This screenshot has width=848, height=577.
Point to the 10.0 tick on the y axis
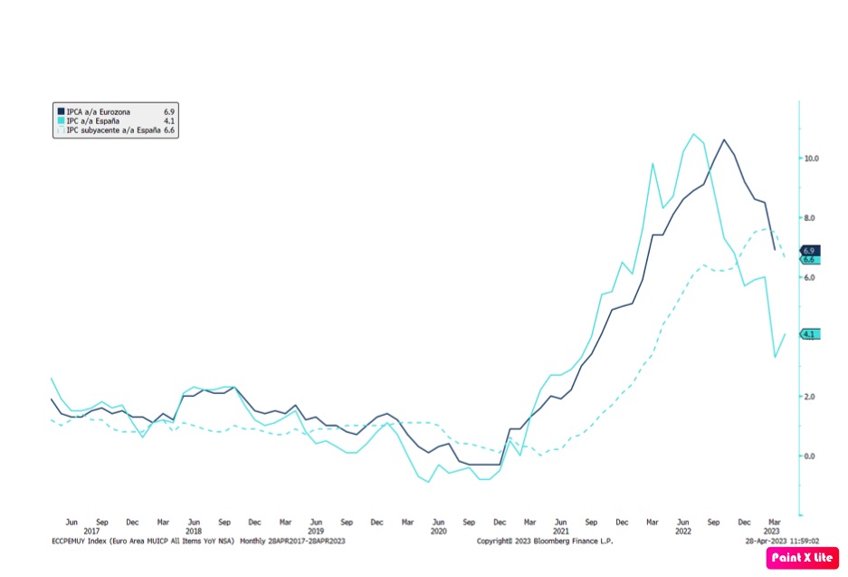pos(811,159)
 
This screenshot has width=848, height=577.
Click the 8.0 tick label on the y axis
pos(811,218)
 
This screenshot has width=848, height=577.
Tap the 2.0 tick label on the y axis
pos(811,397)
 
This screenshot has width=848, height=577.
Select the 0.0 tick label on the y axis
pos(811,457)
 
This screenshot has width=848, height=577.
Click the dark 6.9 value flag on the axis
pos(809,250)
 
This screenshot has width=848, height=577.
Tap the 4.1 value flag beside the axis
pos(809,334)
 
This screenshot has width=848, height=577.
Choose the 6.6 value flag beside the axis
pos(809,260)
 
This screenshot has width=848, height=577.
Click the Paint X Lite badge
pos(802,558)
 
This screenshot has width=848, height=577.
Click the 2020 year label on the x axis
pos(438,531)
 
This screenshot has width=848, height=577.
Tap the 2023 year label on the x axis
pos(775,531)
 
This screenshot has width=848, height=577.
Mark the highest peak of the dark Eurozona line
pos(723,139)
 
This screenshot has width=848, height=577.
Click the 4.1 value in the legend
pos(169,120)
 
